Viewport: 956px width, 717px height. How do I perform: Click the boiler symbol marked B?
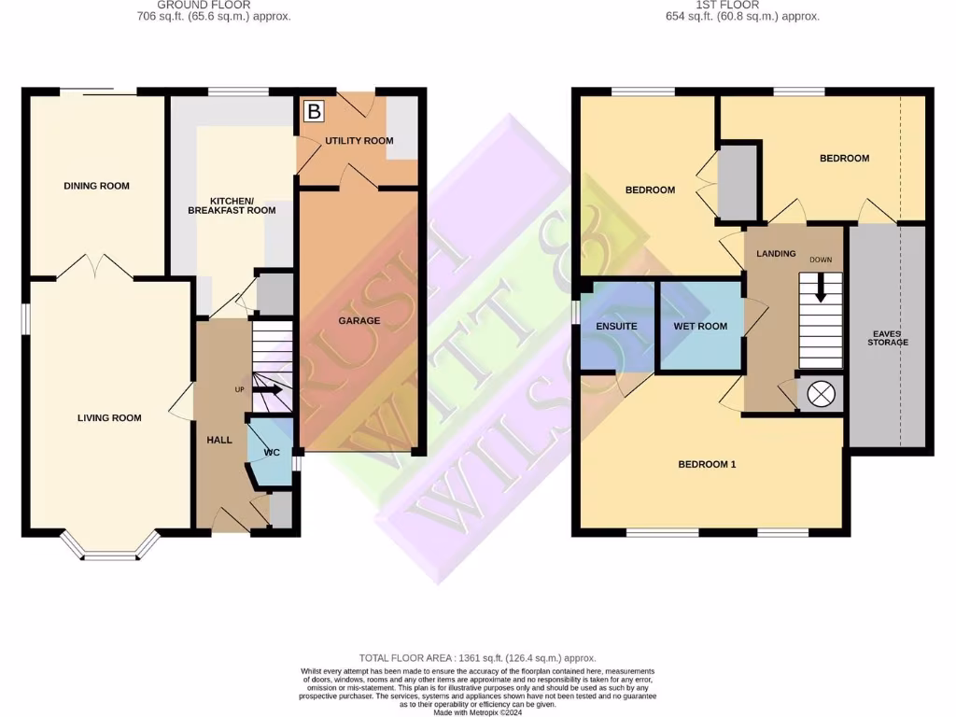coord(314,112)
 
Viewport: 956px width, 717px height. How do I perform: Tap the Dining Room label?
coord(96,186)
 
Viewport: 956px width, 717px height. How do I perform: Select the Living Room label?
coord(109,417)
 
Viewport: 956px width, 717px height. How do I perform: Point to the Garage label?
coord(358,320)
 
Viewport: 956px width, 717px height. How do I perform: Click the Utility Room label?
coord(358,141)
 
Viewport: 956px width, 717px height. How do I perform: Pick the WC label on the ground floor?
coord(272,453)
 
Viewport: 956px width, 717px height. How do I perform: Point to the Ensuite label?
coord(616,326)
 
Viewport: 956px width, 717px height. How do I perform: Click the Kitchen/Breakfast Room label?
coord(232,205)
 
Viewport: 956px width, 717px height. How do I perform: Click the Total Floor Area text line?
coord(477,658)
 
